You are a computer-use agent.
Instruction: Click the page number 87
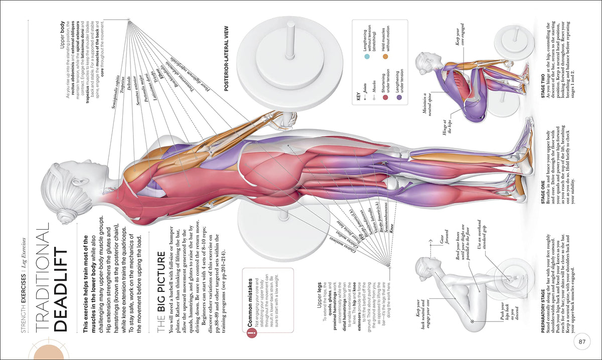(x=582, y=342)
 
